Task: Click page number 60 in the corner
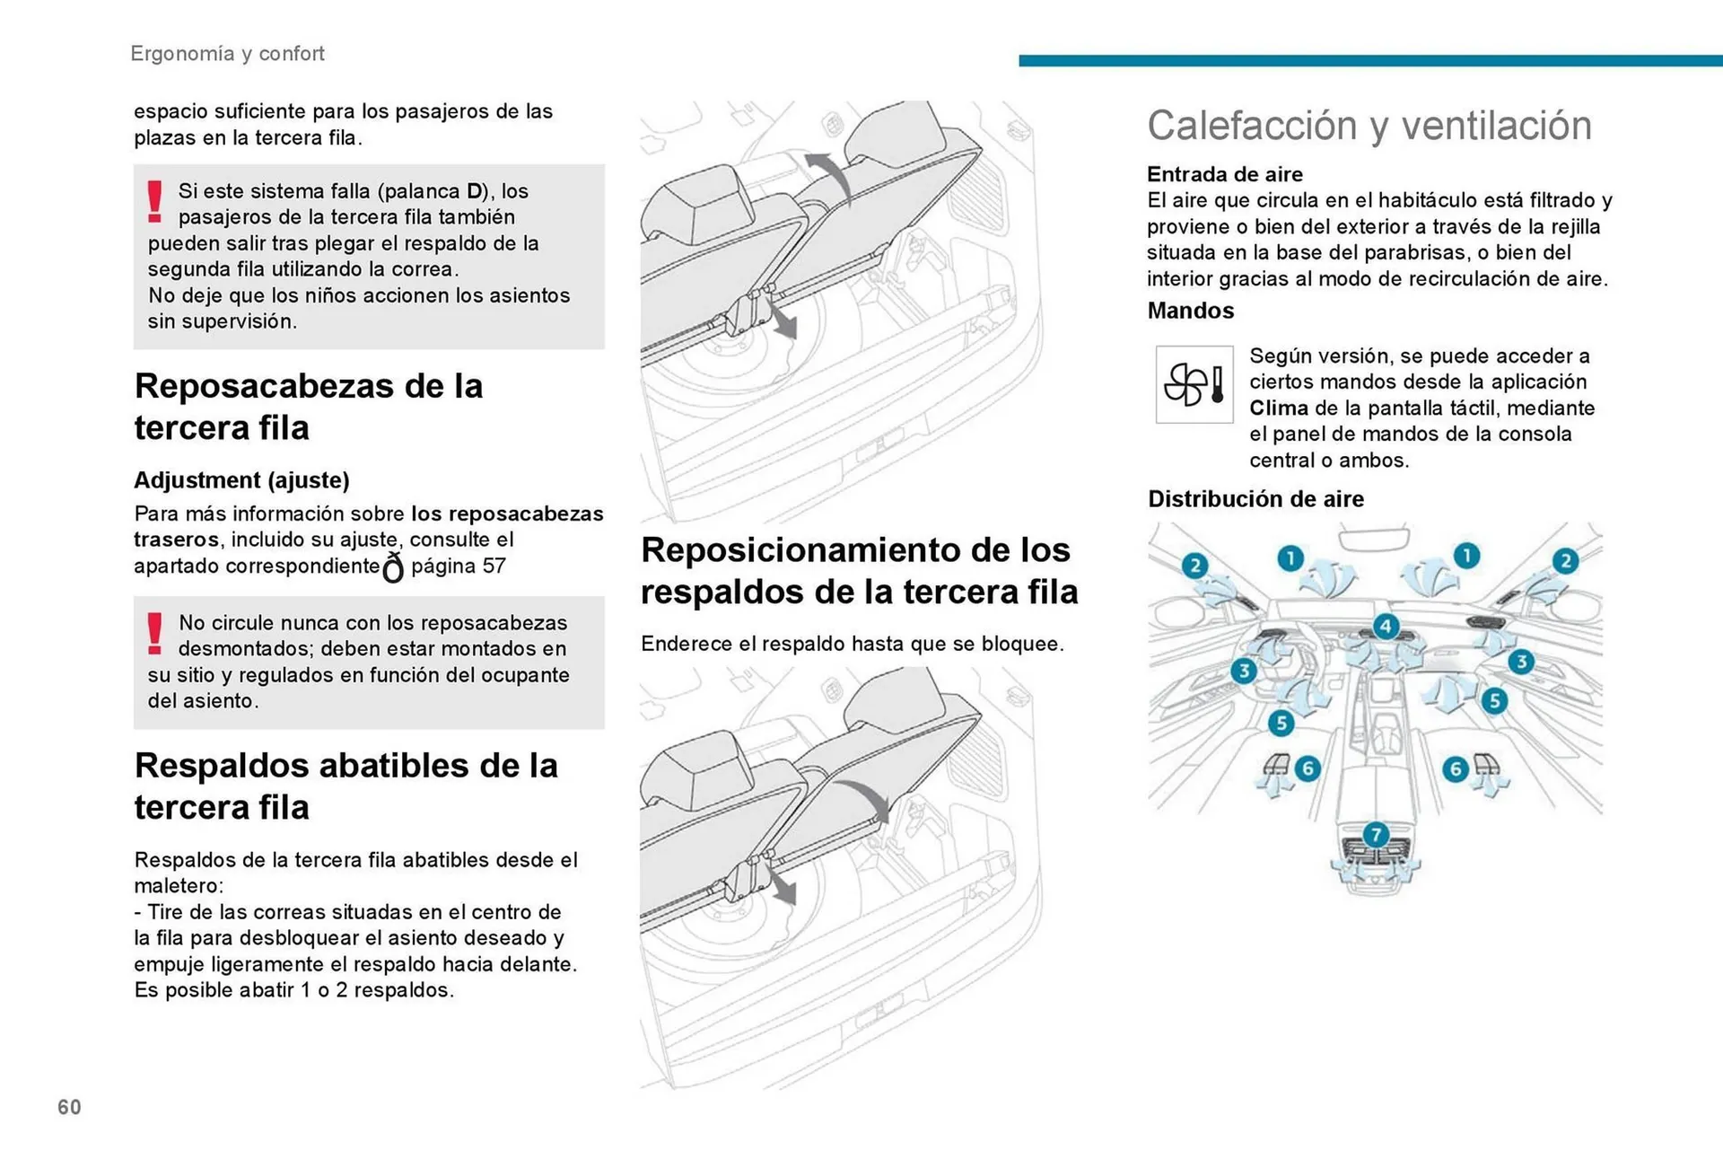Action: tap(69, 1107)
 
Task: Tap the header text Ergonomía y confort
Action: tap(227, 54)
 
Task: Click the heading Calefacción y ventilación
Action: tap(1369, 126)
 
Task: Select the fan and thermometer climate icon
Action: tap(1194, 384)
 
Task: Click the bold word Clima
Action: tap(1278, 408)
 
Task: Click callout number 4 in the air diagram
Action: tap(1386, 626)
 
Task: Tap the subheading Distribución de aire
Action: tap(1255, 499)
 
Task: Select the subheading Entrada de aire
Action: tap(1224, 174)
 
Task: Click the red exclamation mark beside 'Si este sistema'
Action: tap(155, 201)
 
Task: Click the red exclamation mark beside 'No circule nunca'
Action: tap(155, 634)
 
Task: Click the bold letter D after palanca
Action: tap(475, 191)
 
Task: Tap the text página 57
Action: tap(459, 566)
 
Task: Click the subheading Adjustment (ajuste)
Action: tap(241, 480)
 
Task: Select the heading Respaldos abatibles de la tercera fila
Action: tap(345, 786)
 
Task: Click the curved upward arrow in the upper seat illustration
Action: tap(830, 175)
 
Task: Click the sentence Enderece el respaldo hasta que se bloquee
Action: tap(852, 645)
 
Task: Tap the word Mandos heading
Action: tap(1190, 311)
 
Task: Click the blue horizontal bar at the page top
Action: tap(1369, 60)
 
